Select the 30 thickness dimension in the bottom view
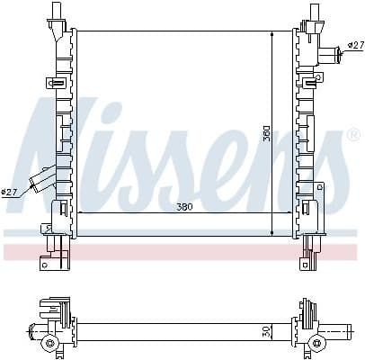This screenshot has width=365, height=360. pos(266,330)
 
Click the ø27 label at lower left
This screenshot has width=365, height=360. pos(10,191)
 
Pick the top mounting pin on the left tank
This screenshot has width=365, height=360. pos(57,11)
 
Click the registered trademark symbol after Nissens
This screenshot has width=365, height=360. pos(352,135)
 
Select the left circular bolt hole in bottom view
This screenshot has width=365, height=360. pos(50,343)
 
